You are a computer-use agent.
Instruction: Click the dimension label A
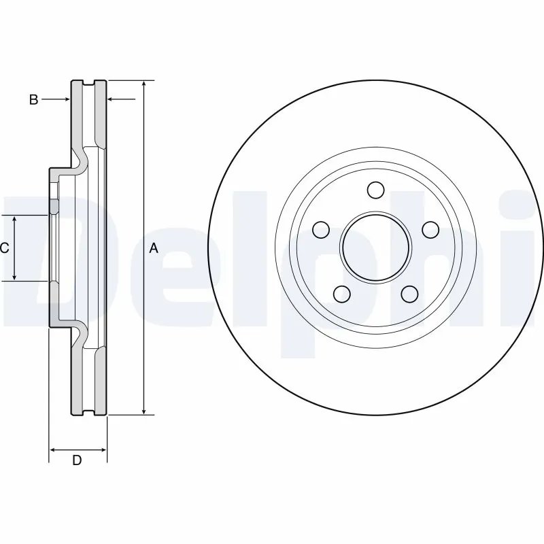(x=154, y=248)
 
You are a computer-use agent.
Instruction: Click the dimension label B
(x=33, y=100)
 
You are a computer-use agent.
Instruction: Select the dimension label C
(x=4, y=248)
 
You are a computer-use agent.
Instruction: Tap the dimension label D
(x=77, y=460)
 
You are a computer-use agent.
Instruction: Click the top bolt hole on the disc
(x=375, y=188)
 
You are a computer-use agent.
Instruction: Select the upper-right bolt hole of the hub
(x=430, y=229)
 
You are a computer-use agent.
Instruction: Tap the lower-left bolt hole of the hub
(x=341, y=293)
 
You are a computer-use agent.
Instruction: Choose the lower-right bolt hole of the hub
(x=409, y=293)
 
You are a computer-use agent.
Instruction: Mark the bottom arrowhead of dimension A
(x=143, y=410)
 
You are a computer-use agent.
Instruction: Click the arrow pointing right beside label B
(x=66, y=100)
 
